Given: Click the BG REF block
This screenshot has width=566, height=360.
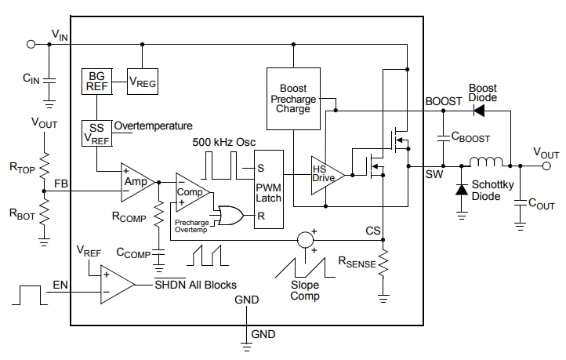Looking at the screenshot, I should click(x=96, y=82).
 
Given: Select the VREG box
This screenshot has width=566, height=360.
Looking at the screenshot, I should click(x=142, y=82).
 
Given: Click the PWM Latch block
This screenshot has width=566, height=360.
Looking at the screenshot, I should click(x=269, y=189).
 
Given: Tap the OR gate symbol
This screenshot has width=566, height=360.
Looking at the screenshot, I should click(x=230, y=215).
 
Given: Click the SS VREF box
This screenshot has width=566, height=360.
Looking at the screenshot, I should click(x=96, y=132).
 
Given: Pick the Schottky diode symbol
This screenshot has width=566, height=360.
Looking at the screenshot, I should click(x=462, y=190).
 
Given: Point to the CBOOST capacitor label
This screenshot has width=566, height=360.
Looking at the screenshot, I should click(x=470, y=138).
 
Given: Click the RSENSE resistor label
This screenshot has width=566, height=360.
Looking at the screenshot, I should click(x=357, y=264).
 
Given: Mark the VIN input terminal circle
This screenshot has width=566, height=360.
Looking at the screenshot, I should click(x=31, y=45).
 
